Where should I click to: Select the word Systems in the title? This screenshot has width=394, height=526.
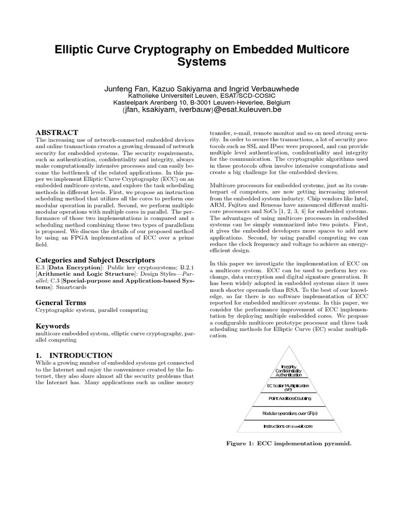[197, 63]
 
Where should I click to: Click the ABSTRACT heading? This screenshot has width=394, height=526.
[56, 133]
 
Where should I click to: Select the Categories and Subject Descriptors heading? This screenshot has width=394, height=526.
[95, 260]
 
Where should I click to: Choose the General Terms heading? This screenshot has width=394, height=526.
[61, 303]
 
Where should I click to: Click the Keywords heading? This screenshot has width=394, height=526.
[52, 326]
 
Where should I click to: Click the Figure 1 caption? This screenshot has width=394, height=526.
[290, 442]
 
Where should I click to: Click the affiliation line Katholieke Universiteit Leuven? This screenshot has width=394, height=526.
[197, 96]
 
